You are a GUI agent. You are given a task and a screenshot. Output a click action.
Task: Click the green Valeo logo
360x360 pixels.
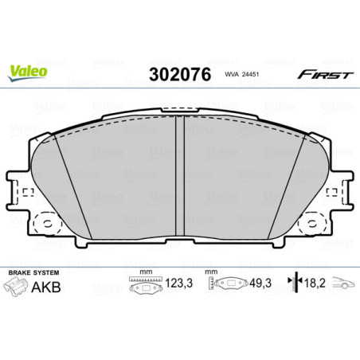pyautogui.click(x=28, y=71)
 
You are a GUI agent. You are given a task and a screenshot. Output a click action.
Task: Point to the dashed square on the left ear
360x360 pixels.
pyautogui.click(x=26, y=191)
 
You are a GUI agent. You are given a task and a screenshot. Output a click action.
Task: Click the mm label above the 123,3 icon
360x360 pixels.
pyautogui.click(x=145, y=271)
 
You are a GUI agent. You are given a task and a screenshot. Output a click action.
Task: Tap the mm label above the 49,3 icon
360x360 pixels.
pyautogui.click(x=212, y=271)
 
